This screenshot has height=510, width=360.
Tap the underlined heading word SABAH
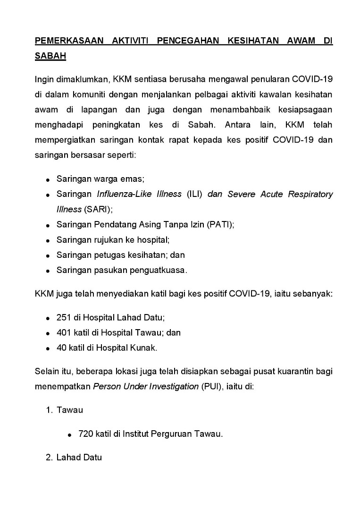[50, 56]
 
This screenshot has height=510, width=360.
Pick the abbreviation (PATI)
[220, 225]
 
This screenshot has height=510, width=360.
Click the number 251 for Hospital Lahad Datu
[64, 317]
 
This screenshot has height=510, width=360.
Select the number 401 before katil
[64, 332]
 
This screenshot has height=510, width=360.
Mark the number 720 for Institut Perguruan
[86, 433]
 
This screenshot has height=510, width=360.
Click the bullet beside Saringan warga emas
[48, 180]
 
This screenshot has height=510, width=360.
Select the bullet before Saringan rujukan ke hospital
[48, 240]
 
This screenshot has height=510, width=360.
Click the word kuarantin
[296, 371]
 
